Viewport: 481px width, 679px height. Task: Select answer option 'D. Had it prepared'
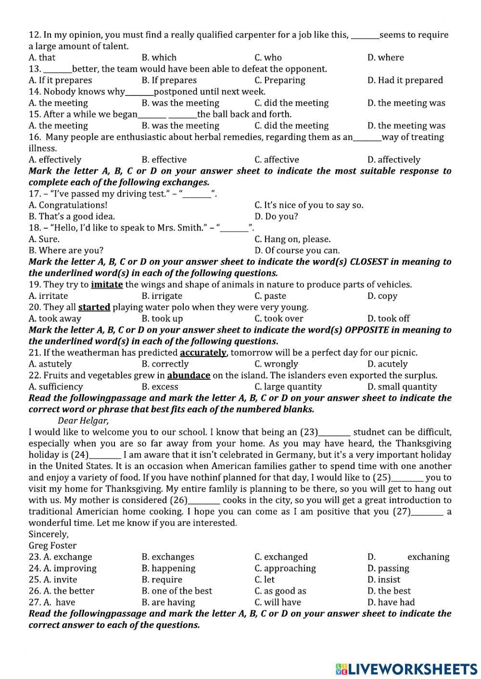(x=405, y=80)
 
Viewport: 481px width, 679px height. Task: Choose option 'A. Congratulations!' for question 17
(x=68, y=205)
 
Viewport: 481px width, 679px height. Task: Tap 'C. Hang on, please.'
(x=292, y=239)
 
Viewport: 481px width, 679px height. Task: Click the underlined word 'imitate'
(x=107, y=284)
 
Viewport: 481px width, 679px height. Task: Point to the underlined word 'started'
(x=94, y=307)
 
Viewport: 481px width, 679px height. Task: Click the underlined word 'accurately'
(x=203, y=353)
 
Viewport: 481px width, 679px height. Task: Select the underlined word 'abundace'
(x=189, y=375)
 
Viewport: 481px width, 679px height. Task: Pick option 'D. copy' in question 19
(x=382, y=296)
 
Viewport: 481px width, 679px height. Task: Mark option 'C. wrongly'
(x=276, y=364)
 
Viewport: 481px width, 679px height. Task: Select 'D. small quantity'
(x=402, y=387)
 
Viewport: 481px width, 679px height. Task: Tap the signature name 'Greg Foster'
(x=52, y=545)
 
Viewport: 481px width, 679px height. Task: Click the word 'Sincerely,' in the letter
(x=49, y=534)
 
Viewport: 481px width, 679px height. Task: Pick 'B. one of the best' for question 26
(x=177, y=591)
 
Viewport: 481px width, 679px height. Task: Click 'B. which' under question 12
(x=159, y=58)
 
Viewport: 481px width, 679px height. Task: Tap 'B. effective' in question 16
(x=164, y=160)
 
